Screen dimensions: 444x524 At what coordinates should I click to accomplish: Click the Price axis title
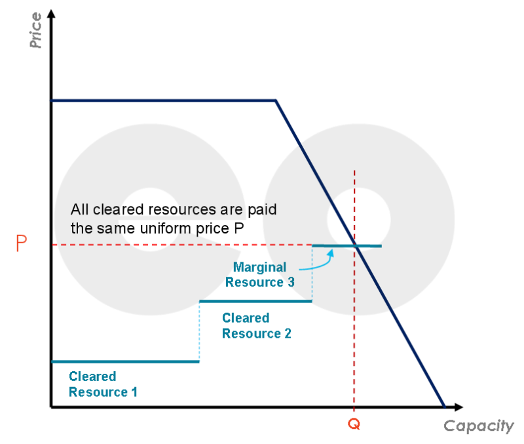tap(35, 30)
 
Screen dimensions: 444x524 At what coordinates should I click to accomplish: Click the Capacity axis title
tap(479, 426)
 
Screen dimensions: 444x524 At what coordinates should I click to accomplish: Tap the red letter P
tap(22, 244)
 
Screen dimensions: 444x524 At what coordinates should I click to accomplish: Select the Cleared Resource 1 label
tap(103, 384)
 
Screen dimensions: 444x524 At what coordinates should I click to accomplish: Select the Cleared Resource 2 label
tap(256, 325)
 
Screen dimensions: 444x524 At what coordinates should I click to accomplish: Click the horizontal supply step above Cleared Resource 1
tap(124, 361)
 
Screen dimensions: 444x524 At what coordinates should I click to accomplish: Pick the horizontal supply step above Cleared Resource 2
tap(255, 301)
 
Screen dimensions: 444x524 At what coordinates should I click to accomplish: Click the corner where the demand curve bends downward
tap(276, 100)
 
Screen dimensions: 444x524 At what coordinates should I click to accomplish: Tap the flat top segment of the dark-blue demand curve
tap(164, 100)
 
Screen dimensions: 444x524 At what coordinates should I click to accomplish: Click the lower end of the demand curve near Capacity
tap(443, 405)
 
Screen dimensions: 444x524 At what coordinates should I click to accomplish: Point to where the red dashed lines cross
tap(354, 245)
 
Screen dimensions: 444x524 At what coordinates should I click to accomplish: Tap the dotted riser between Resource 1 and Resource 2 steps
tap(199, 331)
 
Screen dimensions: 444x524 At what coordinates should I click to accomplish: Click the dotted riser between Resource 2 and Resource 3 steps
tap(312, 273)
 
